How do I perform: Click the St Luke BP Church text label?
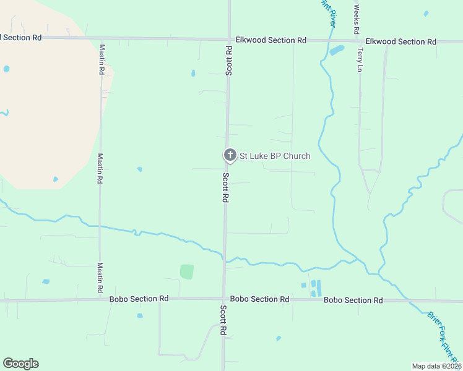[x=275, y=156]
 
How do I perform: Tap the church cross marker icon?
[x=230, y=155]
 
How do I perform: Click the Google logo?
[x=20, y=364]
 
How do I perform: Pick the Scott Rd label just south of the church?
[x=227, y=187]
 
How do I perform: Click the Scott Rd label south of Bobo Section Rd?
[x=223, y=320]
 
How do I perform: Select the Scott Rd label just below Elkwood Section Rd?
[x=229, y=61]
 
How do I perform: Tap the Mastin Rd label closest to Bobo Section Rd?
[x=100, y=278]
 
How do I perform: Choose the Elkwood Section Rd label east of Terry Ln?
[x=400, y=41]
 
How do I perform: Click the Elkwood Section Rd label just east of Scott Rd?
[x=271, y=40]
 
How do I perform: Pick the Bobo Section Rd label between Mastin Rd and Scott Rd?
[x=139, y=299]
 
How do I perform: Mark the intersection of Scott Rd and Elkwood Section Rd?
[x=229, y=39]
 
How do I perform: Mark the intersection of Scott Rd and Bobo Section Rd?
[x=224, y=299]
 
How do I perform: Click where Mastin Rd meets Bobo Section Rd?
[x=100, y=299]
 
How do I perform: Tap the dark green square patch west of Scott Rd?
[x=187, y=271]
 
